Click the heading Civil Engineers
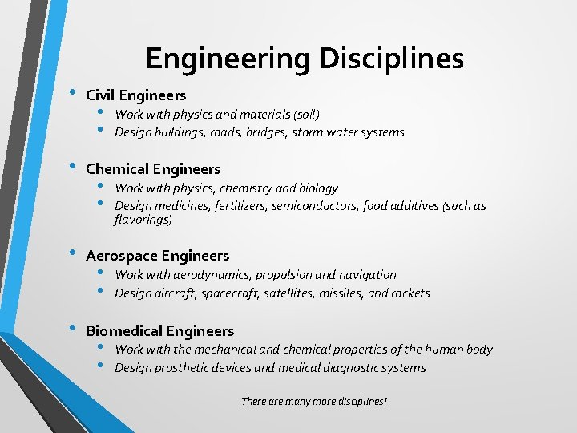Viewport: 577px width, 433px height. pos(135,95)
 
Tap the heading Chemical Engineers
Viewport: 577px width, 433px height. pos(152,168)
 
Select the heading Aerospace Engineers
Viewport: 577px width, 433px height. pos(157,256)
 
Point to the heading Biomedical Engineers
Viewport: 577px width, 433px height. pos(159,330)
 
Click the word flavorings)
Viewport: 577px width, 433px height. pos(143,219)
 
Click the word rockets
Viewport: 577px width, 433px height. pos(410,293)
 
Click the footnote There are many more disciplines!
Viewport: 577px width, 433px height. pos(314,400)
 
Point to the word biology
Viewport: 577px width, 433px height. pos(319,188)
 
